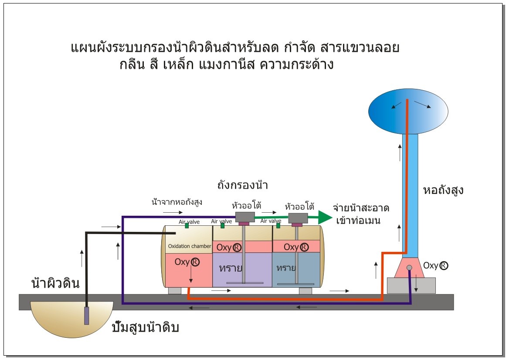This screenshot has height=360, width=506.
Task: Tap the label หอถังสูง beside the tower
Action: (x=443, y=190)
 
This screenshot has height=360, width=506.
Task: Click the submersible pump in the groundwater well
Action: (x=86, y=316)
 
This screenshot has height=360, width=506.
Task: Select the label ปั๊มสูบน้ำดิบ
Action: (x=146, y=327)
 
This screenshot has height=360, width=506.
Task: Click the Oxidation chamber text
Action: (x=190, y=246)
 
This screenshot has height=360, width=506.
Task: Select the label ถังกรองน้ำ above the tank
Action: (x=243, y=185)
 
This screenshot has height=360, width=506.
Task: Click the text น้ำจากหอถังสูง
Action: (x=177, y=202)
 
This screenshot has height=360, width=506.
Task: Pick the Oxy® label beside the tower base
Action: (x=436, y=265)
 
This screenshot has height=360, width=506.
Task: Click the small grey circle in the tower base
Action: (x=409, y=268)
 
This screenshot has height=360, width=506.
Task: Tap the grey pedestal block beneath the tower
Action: (x=411, y=285)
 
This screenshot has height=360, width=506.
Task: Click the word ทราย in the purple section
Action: (x=231, y=268)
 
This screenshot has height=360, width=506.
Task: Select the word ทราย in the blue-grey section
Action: (x=286, y=268)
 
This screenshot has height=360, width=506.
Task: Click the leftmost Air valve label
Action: (x=189, y=222)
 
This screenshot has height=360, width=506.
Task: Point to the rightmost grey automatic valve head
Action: (x=298, y=218)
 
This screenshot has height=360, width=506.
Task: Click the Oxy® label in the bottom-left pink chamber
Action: (x=187, y=262)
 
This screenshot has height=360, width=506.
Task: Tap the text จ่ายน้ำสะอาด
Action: (x=361, y=208)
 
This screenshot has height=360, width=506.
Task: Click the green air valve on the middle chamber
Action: (x=222, y=225)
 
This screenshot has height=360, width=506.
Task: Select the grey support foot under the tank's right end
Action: (x=305, y=291)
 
